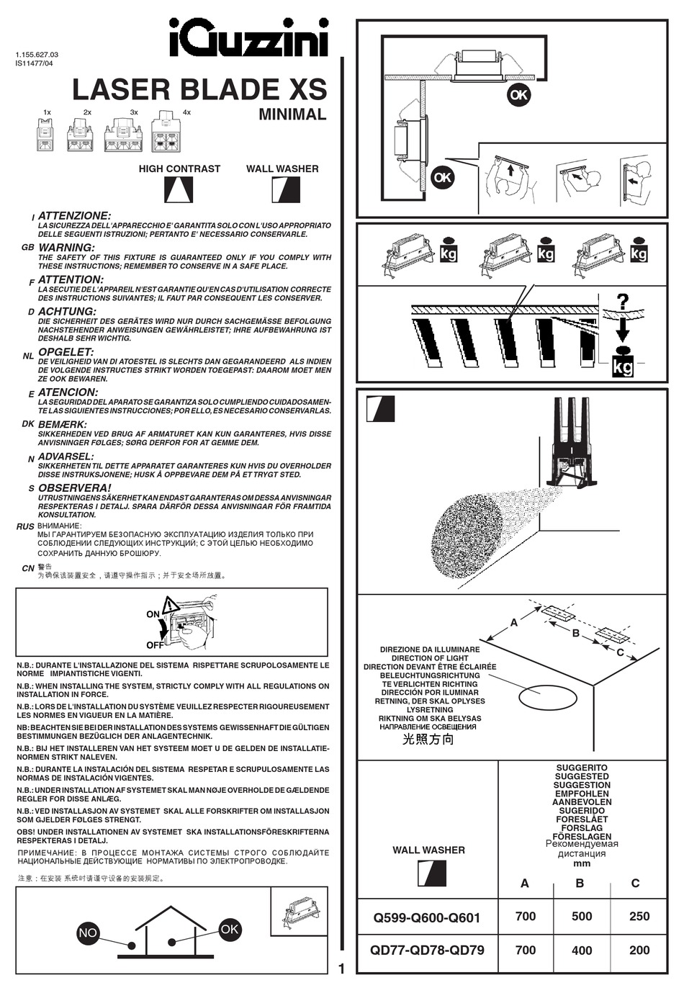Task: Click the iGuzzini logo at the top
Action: (x=248, y=37)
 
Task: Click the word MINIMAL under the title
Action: (x=292, y=114)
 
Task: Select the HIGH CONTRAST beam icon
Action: (x=179, y=190)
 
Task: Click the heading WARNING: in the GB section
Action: (x=66, y=248)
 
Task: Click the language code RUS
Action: (x=25, y=527)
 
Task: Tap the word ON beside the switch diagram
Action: (x=153, y=614)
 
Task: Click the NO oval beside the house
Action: (x=87, y=933)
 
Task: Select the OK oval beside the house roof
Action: (x=229, y=929)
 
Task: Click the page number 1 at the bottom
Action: (x=341, y=969)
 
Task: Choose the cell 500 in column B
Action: (x=582, y=917)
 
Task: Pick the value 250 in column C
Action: (x=639, y=917)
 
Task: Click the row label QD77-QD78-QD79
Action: (x=427, y=950)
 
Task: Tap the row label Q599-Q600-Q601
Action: (x=426, y=917)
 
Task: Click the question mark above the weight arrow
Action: (x=622, y=301)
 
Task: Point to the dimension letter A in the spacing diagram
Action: (x=514, y=622)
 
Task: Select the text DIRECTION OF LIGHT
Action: (x=430, y=658)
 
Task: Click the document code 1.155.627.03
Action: (x=37, y=55)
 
